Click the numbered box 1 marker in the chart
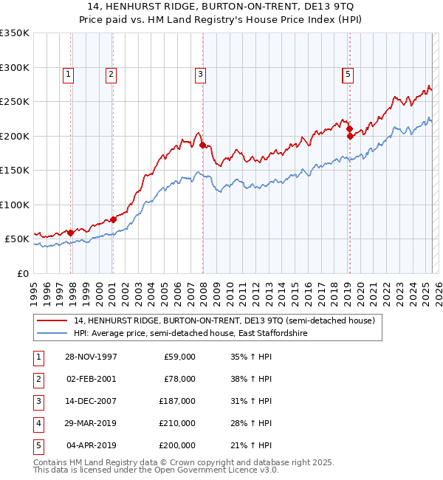pyautogui.click(x=67, y=74)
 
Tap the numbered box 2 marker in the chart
pyautogui.click(x=110, y=74)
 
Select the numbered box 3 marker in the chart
pyautogui.click(x=200, y=74)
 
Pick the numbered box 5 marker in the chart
pyautogui.click(x=347, y=74)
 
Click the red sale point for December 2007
pyautogui.click(x=202, y=145)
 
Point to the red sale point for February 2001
pyautogui.click(x=113, y=219)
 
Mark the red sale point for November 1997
pyautogui.click(x=71, y=233)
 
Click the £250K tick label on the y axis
pyautogui.click(x=14, y=102)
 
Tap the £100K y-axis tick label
pyautogui.click(x=14, y=205)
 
